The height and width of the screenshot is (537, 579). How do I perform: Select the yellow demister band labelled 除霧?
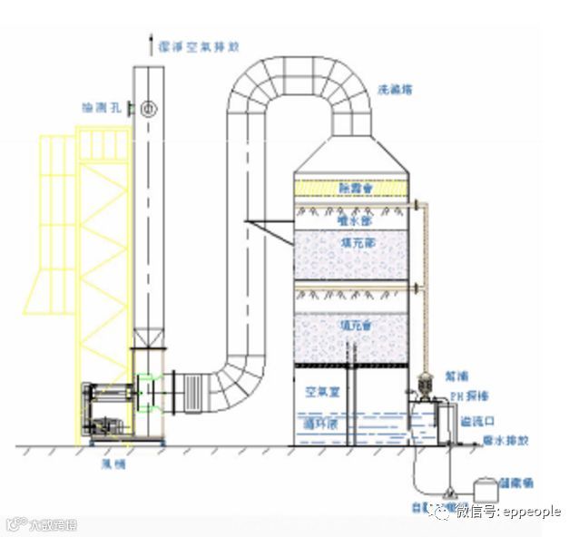(x=352, y=187)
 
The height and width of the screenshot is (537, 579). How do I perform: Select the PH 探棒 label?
(x=471, y=396)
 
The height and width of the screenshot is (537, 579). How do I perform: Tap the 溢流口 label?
(x=477, y=420)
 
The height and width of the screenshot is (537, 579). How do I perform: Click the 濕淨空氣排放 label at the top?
(x=195, y=43)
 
